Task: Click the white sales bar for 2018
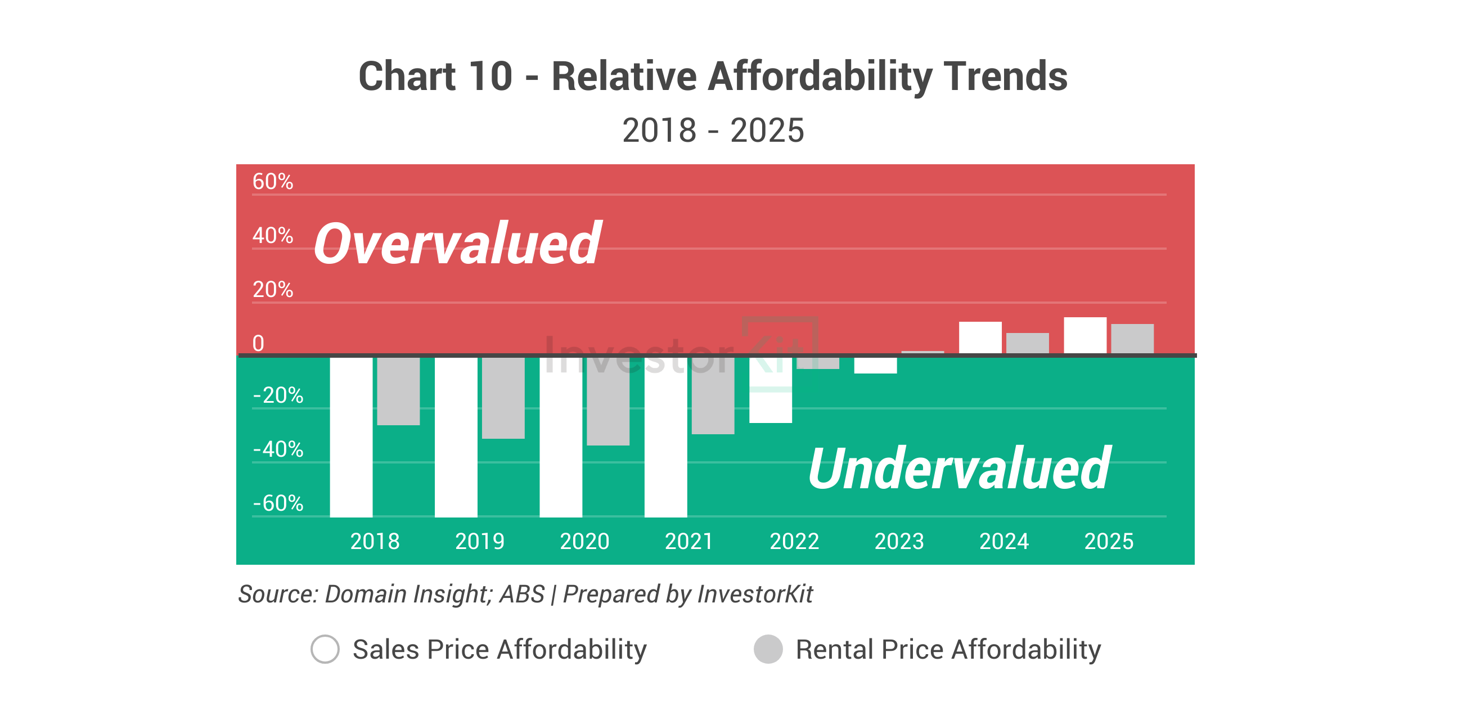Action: (x=351, y=436)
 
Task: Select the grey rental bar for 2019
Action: (x=503, y=397)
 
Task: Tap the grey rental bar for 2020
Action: (x=608, y=400)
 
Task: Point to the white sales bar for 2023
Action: (x=875, y=365)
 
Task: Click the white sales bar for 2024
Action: (x=980, y=337)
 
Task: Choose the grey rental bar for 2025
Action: (x=1132, y=339)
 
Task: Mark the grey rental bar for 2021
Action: (x=713, y=395)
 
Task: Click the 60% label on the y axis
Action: (x=272, y=182)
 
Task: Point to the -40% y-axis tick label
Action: (x=278, y=449)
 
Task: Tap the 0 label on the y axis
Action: (x=258, y=344)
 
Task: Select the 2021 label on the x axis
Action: (x=689, y=542)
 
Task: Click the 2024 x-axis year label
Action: (x=1003, y=542)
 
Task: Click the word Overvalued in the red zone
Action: (x=457, y=244)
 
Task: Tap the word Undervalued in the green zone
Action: (x=959, y=469)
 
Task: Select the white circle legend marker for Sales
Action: (x=325, y=649)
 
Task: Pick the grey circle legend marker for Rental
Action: (x=768, y=649)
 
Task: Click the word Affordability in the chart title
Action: (x=820, y=76)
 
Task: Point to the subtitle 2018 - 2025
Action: (x=713, y=130)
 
